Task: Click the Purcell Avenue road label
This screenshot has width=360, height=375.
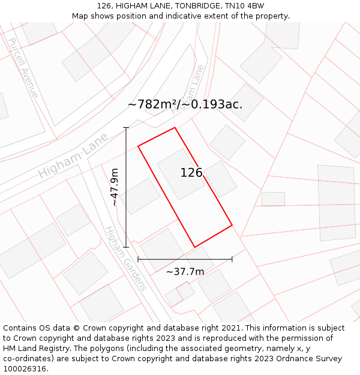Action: (x=23, y=67)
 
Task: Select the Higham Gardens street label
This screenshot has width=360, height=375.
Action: (x=125, y=258)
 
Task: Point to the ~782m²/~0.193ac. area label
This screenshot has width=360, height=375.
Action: (x=185, y=104)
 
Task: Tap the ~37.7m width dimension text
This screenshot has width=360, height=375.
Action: (x=185, y=272)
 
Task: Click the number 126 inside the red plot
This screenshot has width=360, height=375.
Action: (x=191, y=173)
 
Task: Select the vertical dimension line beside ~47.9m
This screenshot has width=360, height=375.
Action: (x=126, y=187)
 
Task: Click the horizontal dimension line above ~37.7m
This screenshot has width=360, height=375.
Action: (x=185, y=259)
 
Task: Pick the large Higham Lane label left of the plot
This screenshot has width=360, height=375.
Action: (x=73, y=155)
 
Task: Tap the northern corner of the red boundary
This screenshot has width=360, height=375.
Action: (x=175, y=128)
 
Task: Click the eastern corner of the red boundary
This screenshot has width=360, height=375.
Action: (x=232, y=226)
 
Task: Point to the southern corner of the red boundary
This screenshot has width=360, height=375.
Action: (x=195, y=247)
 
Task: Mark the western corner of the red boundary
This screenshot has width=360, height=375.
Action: (x=139, y=146)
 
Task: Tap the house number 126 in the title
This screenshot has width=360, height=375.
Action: (x=104, y=5)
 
